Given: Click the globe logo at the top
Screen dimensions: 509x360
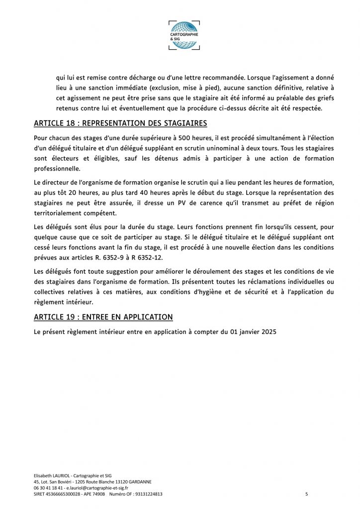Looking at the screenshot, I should click(184, 35).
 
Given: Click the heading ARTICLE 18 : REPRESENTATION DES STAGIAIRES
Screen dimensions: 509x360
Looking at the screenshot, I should click(120, 123).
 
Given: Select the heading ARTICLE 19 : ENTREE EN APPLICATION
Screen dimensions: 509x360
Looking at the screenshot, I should click(103, 317).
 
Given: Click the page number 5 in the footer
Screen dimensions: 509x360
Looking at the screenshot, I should click(306, 495).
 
